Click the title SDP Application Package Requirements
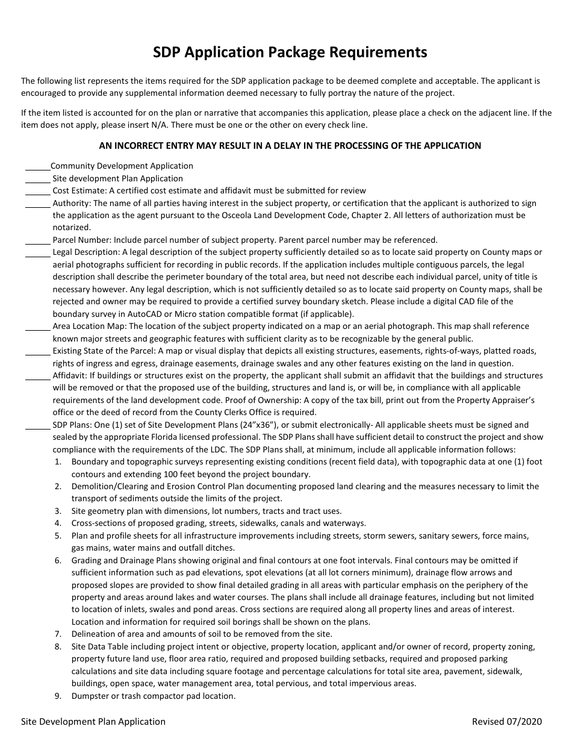[290, 52]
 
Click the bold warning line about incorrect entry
[290, 145]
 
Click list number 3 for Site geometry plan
[58, 511]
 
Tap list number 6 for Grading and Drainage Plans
[58, 560]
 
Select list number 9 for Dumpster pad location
[58, 696]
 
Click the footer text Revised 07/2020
[507, 721]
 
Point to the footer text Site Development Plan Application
[93, 721]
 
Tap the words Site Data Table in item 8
[99, 646]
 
